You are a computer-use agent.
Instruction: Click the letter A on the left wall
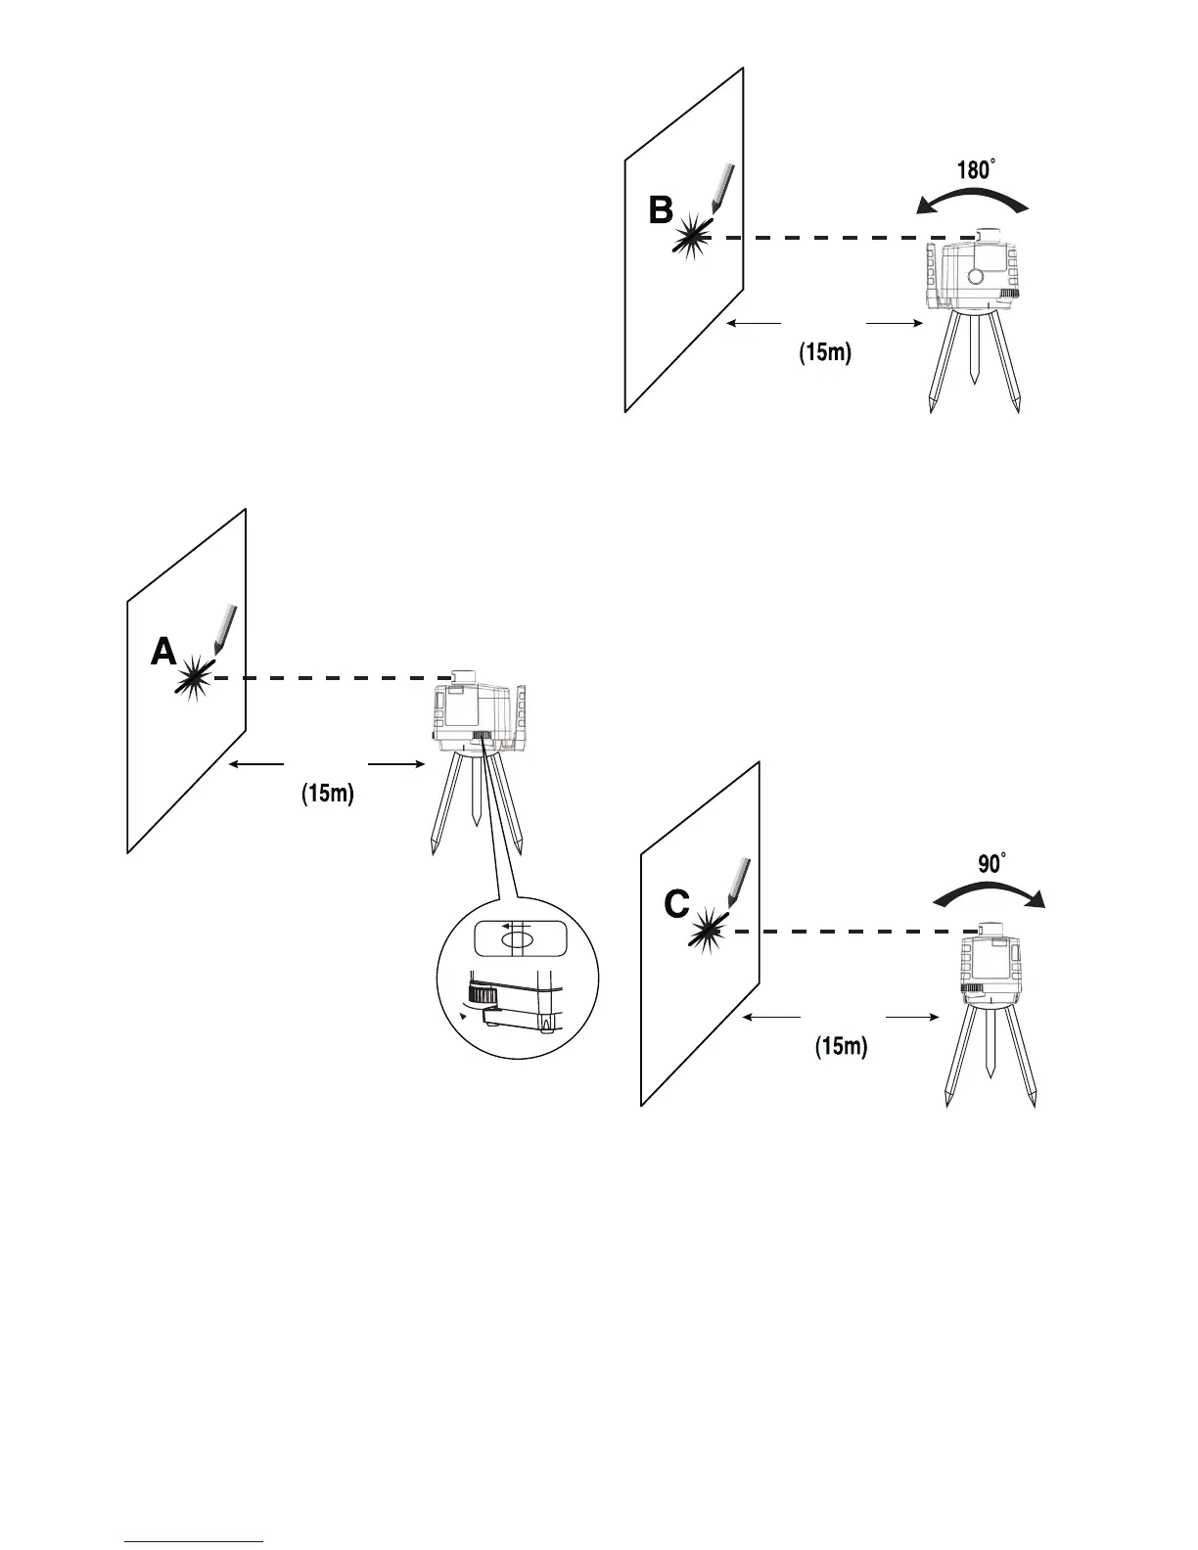tap(163, 652)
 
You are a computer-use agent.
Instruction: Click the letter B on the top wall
tap(662, 209)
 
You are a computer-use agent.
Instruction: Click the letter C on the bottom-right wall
tap(676, 905)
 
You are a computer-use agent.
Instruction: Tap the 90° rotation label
tap(992, 864)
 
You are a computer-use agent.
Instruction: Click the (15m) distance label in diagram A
tap(327, 794)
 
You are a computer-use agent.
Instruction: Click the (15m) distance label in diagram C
tap(842, 1047)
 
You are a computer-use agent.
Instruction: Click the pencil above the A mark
tap(223, 628)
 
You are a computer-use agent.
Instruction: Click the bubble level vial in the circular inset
tap(518, 939)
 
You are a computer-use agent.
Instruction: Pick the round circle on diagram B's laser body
tap(975, 277)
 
